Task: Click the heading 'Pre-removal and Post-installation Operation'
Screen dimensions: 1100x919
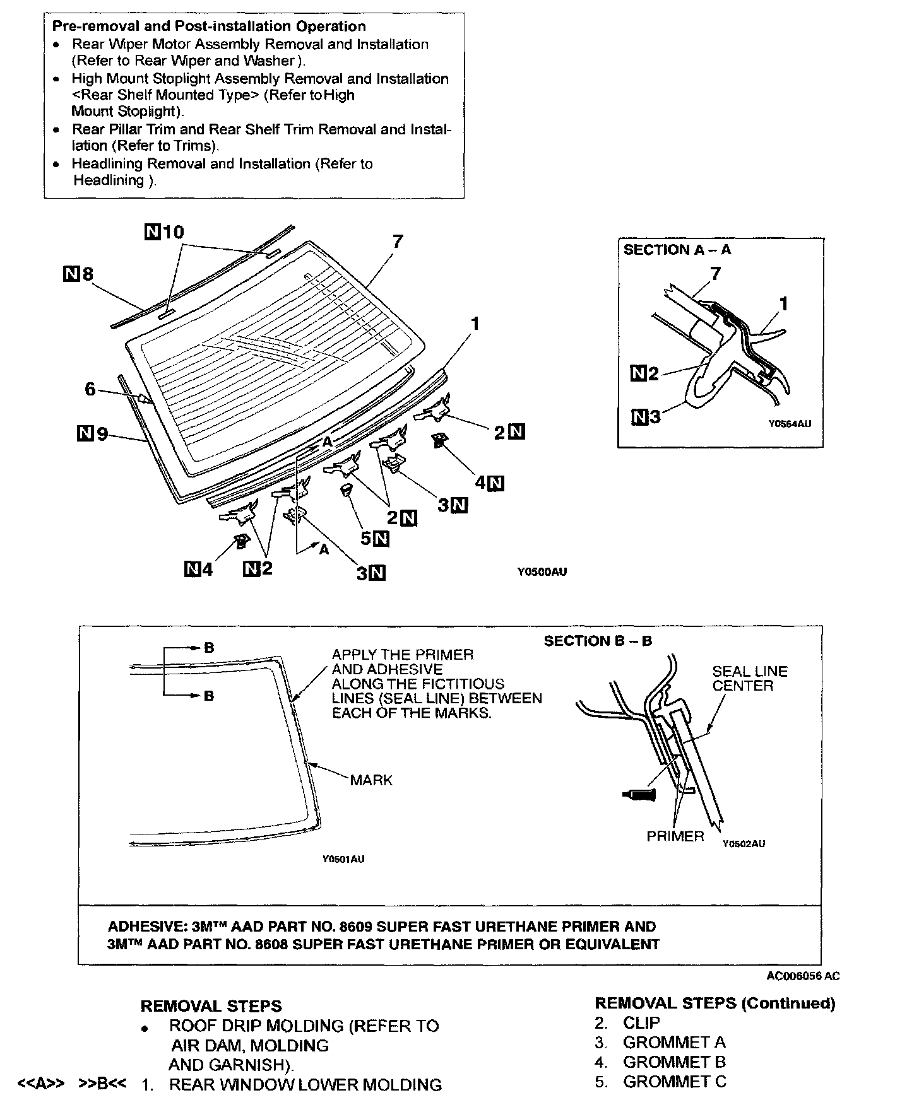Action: tap(208, 26)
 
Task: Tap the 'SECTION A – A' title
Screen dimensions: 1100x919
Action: tap(677, 250)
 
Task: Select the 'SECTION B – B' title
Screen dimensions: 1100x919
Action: tap(598, 641)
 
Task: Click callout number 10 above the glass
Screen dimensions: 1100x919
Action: tap(172, 232)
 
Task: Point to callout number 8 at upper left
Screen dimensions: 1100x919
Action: tap(86, 274)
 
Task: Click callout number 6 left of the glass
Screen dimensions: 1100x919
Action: tap(90, 389)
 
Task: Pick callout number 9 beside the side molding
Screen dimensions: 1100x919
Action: tap(102, 434)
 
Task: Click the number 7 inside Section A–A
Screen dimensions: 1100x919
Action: tap(715, 273)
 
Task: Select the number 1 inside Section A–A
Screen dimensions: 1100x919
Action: tap(783, 304)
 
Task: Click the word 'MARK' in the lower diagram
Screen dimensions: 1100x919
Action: tap(371, 780)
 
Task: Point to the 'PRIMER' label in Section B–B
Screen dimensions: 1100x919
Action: tap(675, 836)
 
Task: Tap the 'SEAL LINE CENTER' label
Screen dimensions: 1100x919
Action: tap(750, 679)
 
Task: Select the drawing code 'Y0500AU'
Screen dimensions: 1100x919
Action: tap(542, 572)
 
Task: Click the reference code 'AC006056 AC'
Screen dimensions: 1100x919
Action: tap(803, 976)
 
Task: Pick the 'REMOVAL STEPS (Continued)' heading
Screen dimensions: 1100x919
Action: tap(714, 1003)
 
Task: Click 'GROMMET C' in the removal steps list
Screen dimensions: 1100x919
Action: tap(674, 1081)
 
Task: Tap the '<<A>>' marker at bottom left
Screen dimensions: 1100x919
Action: tap(41, 1084)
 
